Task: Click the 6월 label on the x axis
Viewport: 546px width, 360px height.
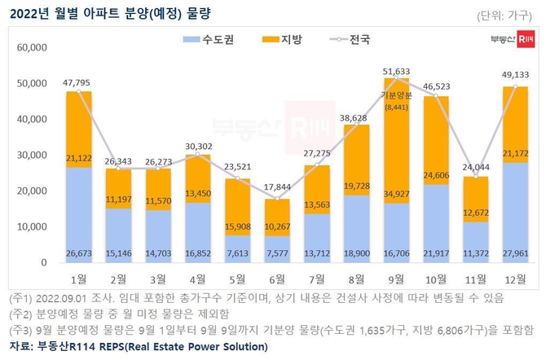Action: [278, 277]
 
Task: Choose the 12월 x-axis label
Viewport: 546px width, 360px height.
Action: [516, 277]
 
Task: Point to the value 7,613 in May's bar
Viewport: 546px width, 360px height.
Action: [238, 253]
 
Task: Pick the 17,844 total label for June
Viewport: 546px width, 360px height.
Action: [278, 189]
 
